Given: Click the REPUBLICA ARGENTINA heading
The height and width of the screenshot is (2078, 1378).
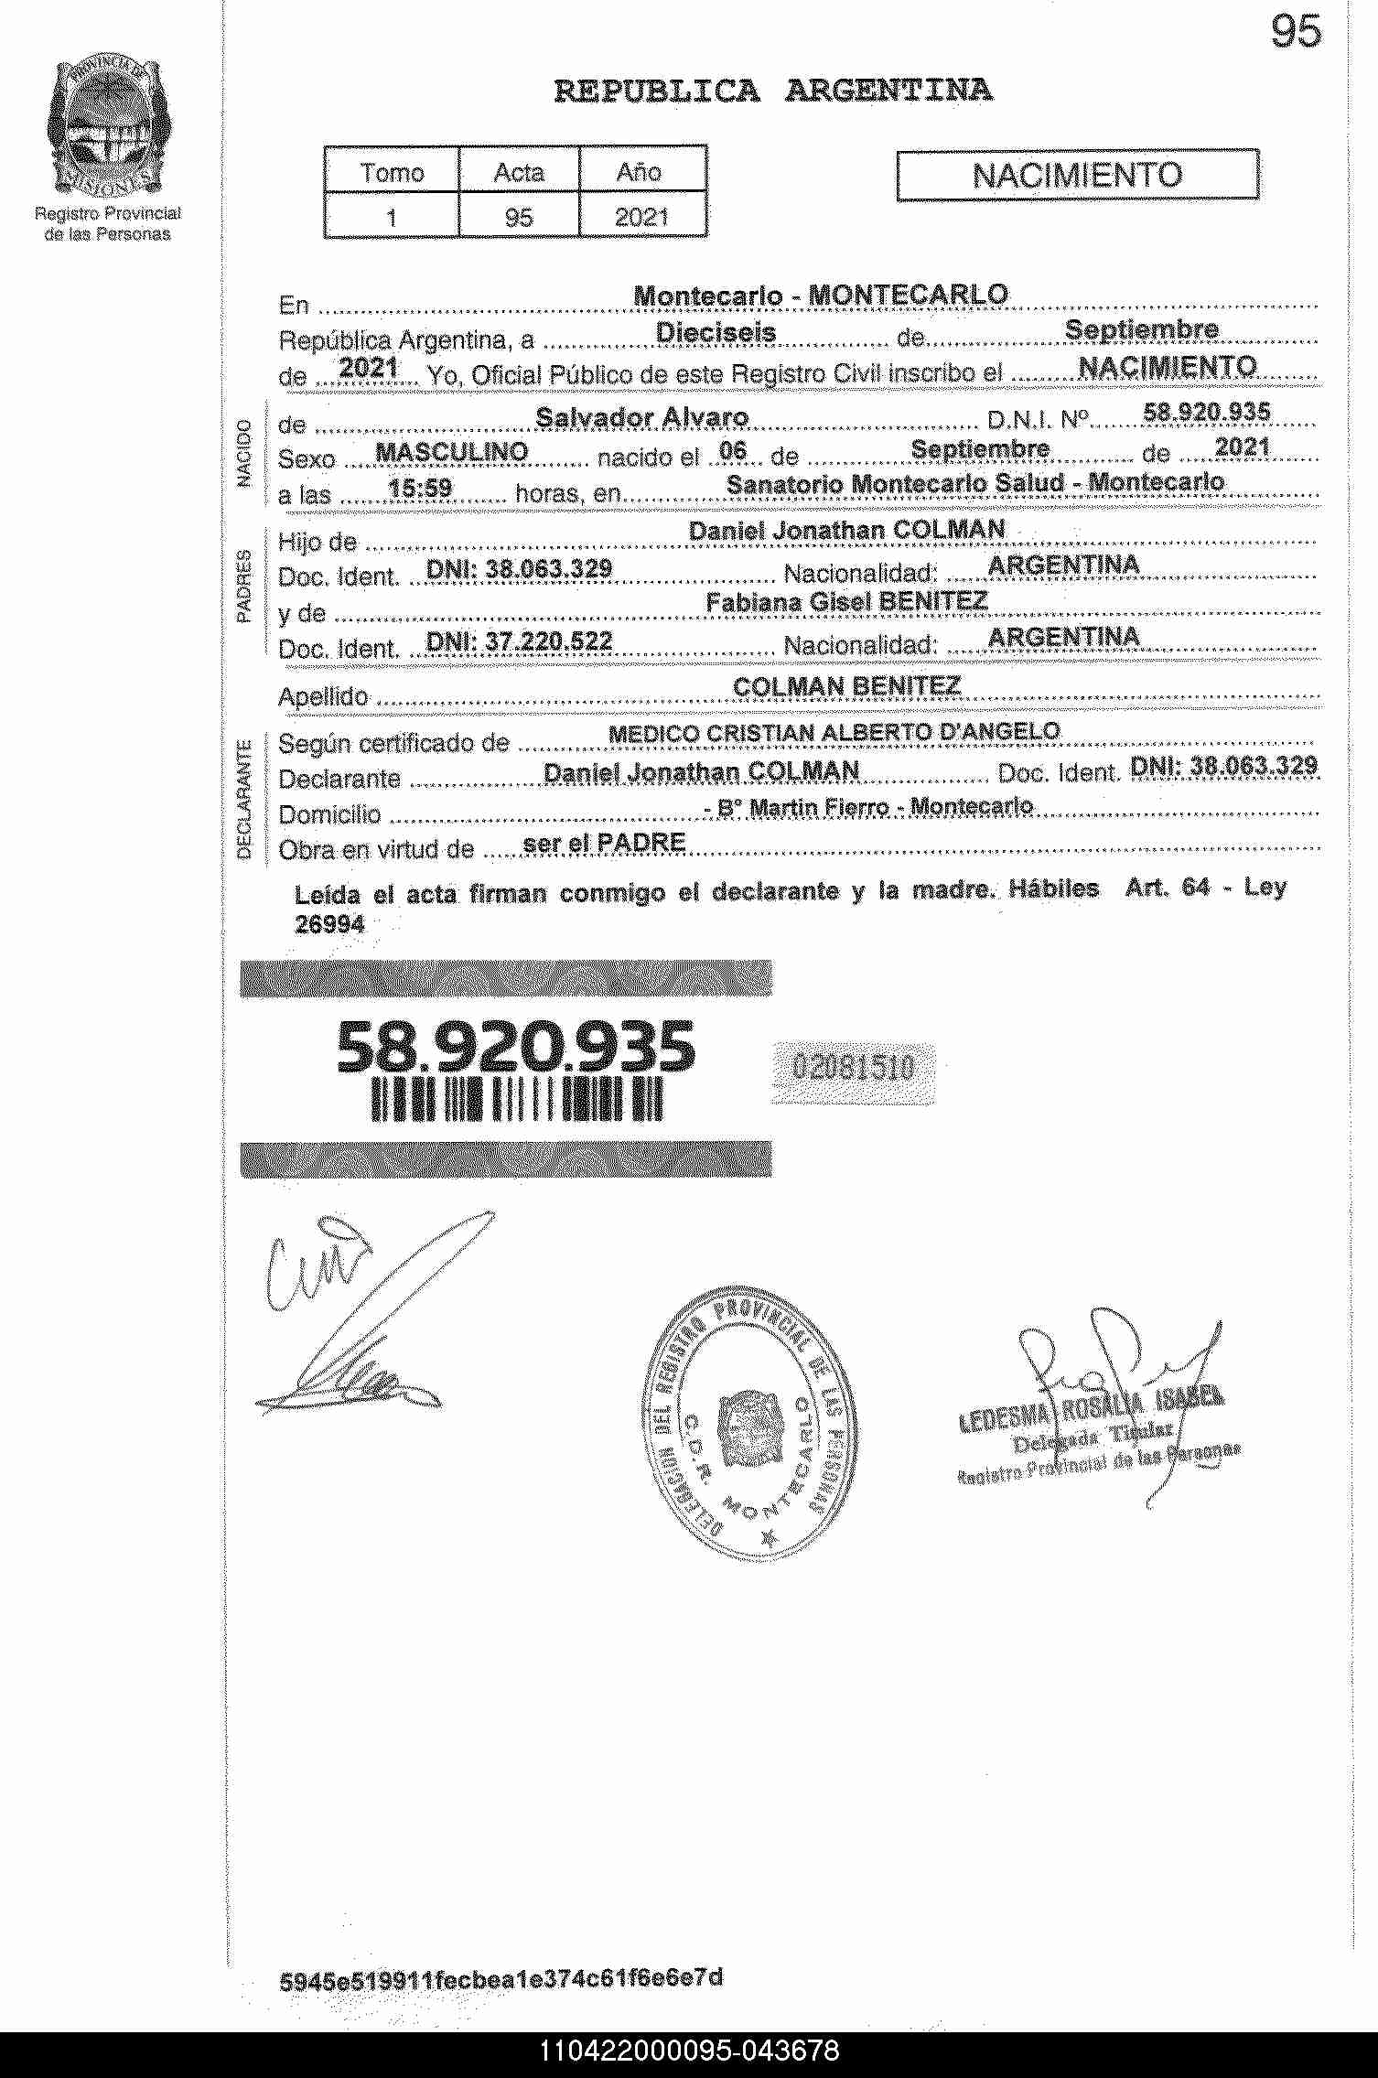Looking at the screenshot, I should click(x=773, y=91).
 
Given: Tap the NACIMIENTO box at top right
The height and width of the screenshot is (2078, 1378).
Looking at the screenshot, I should click(x=1077, y=175).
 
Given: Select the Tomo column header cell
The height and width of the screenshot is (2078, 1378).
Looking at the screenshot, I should click(x=392, y=172).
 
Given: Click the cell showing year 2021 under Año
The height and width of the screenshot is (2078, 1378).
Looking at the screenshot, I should click(x=641, y=217).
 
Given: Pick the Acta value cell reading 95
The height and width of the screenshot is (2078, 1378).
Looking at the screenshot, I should click(x=519, y=217).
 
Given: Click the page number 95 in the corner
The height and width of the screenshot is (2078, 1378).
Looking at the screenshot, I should click(x=1296, y=33).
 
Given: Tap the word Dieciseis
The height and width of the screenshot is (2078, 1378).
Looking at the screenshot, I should click(x=716, y=333).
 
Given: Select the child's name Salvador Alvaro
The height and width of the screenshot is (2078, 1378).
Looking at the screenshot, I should click(x=641, y=418).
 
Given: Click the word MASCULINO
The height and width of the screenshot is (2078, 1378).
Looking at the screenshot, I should click(x=452, y=452).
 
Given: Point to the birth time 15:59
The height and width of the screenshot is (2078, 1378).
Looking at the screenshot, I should click(x=420, y=488).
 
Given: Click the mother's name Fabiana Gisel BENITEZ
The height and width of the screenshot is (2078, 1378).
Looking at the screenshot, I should click(x=846, y=601).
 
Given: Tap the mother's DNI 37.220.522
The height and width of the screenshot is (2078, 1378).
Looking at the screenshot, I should click(x=519, y=641).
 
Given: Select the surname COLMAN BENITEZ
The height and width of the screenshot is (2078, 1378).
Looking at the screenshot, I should click(x=846, y=686).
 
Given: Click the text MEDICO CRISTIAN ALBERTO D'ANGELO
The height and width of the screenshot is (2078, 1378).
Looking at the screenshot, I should click(x=834, y=732).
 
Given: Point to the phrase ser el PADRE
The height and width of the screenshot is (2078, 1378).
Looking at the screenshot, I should click(x=604, y=843).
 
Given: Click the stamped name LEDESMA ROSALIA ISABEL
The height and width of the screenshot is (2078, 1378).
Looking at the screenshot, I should click(x=1090, y=1407).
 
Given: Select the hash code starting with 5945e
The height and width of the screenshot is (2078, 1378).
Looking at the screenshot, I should click(x=501, y=1979).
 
